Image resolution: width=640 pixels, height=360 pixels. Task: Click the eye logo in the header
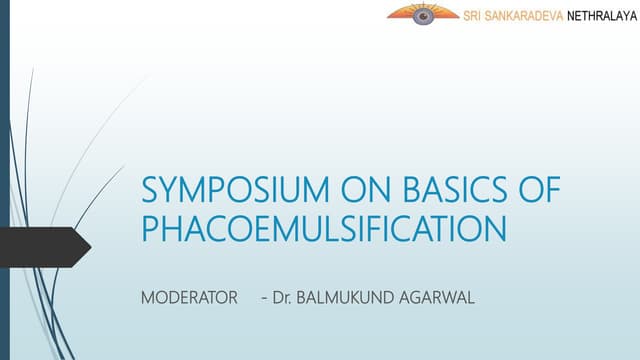pos(423,14)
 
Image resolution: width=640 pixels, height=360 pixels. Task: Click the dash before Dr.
pos(263,298)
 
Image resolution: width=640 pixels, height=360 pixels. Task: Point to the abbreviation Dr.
pos(281,297)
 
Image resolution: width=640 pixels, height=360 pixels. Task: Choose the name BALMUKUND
pos(345,297)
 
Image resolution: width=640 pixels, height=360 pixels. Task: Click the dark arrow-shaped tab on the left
pos(40,244)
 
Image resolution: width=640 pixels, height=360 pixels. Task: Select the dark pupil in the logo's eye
pos(423,16)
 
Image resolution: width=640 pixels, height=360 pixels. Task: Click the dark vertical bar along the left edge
pos(4,180)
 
